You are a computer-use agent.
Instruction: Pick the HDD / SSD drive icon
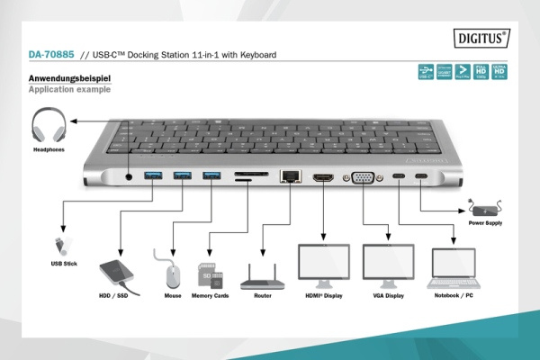[119, 271]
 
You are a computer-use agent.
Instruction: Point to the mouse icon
[173, 271]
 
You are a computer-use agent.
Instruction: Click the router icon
[263, 274]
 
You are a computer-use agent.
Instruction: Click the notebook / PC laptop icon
[454, 265]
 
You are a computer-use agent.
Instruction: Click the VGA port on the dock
[363, 179]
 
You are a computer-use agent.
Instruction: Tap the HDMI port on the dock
[323, 178]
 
